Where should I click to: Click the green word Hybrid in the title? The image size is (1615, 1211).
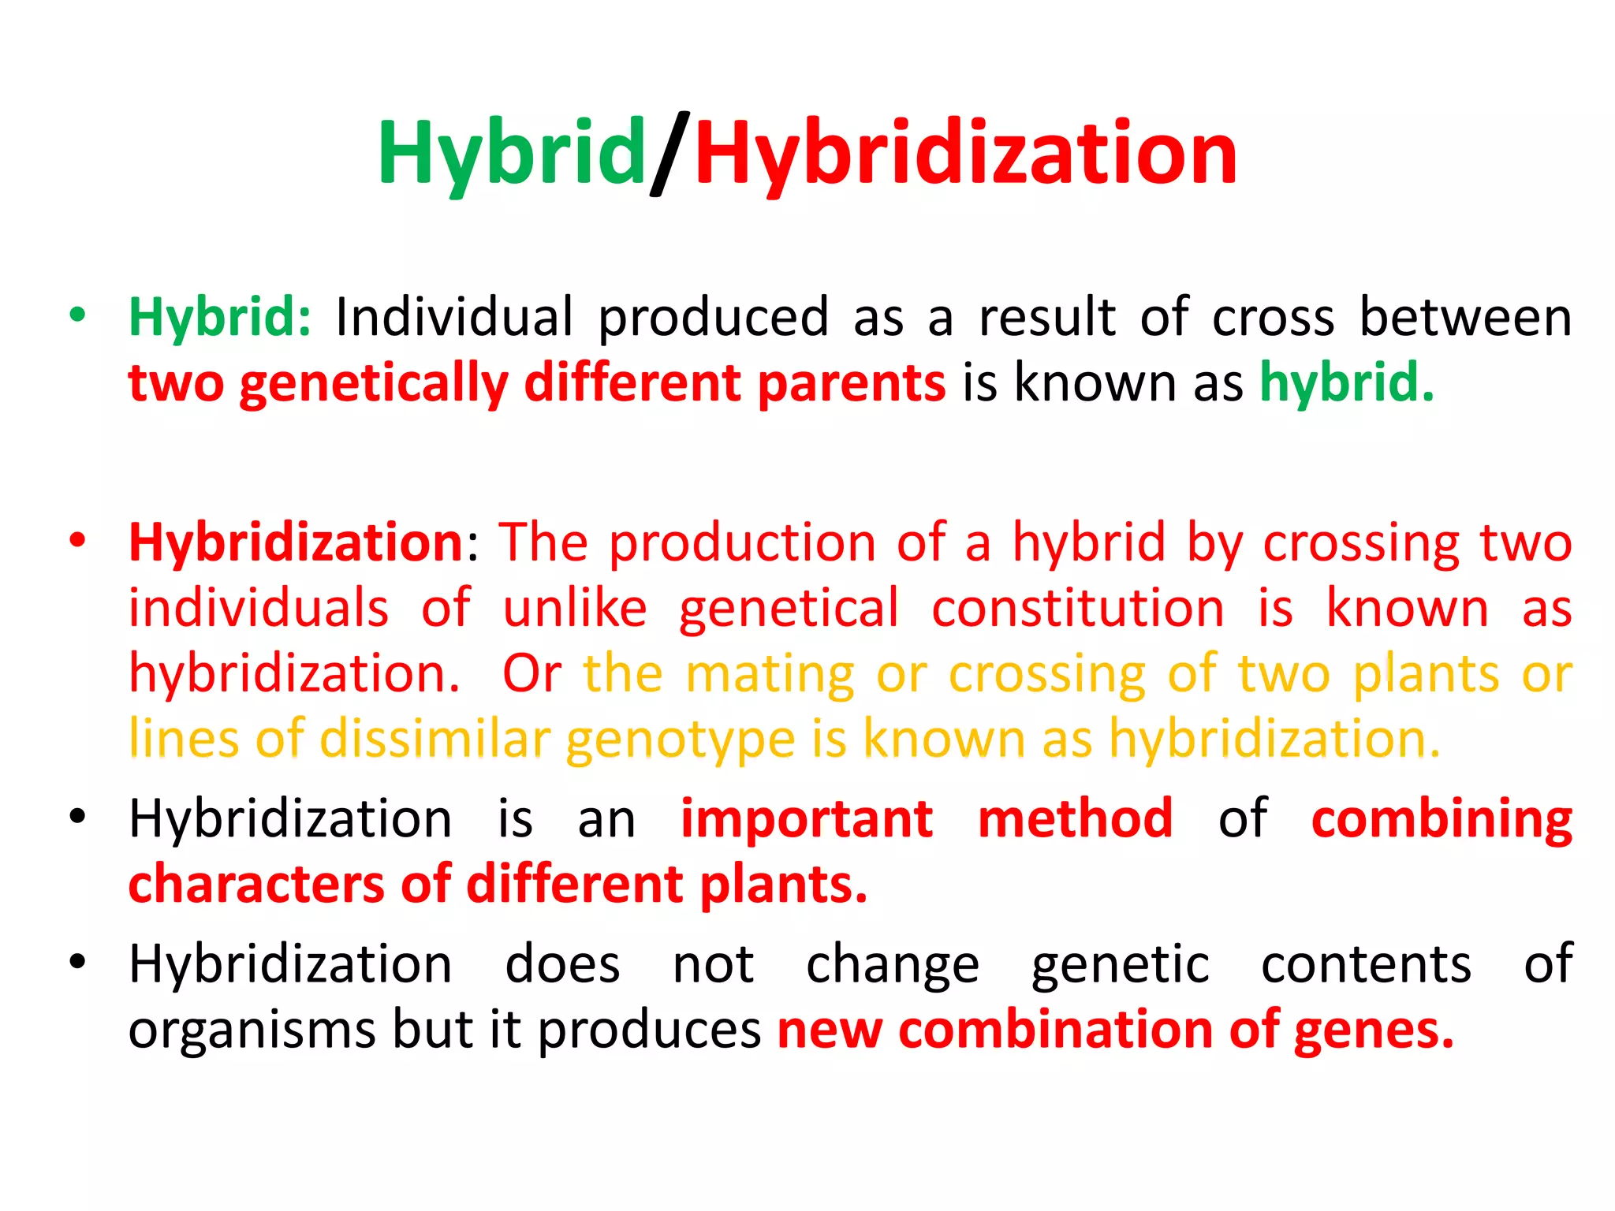[511, 154]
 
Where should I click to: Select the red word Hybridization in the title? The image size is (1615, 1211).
[965, 154]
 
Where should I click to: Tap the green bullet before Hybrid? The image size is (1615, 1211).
[77, 315]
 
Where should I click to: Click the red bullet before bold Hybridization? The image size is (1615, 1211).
[77, 542]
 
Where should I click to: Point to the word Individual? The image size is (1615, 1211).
[454, 317]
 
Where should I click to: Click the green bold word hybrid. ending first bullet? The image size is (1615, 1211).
[1346, 383]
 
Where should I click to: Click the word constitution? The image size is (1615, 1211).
[1078, 609]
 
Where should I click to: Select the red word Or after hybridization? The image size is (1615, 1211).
[532, 674]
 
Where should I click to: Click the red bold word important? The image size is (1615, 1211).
[807, 819]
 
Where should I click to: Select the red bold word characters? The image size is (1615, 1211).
[257, 885]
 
